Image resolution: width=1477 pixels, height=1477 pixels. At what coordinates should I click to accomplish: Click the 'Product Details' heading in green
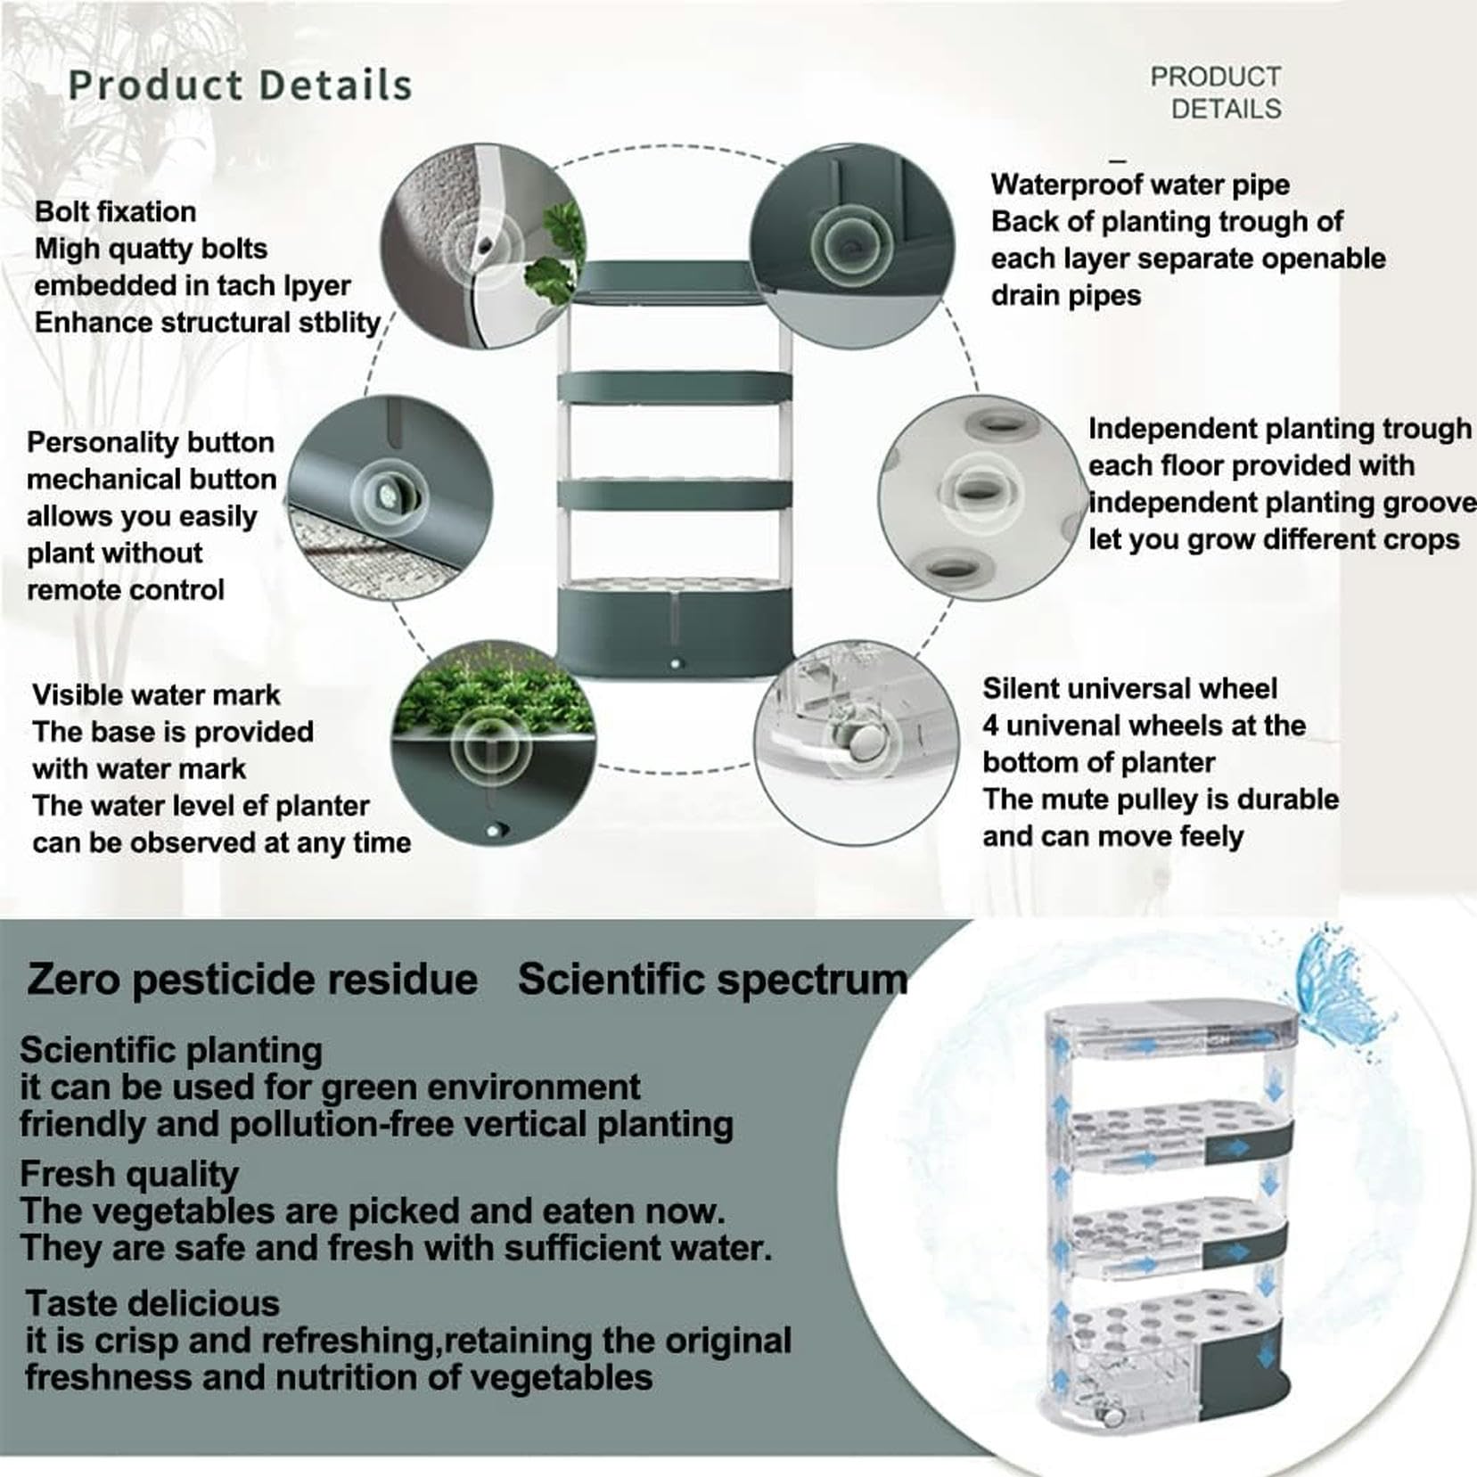pos(240,86)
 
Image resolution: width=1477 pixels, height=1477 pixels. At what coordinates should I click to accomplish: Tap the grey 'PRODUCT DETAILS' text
pos(1216,93)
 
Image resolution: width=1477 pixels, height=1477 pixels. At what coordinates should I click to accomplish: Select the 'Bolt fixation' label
pos(115,211)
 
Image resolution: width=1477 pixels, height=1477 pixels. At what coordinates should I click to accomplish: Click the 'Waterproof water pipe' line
pos(1140,185)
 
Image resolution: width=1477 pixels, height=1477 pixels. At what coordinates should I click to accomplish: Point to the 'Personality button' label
pos(150,442)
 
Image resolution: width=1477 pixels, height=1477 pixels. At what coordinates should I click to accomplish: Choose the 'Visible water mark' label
pos(156,694)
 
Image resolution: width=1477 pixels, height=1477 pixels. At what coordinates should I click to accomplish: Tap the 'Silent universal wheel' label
pos(1129,688)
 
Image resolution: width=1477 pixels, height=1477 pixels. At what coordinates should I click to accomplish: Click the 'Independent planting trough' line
pos(1279,429)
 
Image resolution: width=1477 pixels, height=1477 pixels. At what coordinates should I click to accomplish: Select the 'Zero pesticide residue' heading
pos(252,979)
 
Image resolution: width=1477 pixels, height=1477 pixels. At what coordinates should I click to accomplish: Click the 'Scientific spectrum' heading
pos(712,979)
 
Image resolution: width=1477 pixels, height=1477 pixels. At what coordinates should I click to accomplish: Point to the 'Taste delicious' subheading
pos(152,1303)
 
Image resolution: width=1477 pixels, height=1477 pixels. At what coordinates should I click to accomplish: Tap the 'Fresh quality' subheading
pos(129,1175)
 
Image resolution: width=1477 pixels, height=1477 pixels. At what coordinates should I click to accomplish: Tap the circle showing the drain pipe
pos(851,245)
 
